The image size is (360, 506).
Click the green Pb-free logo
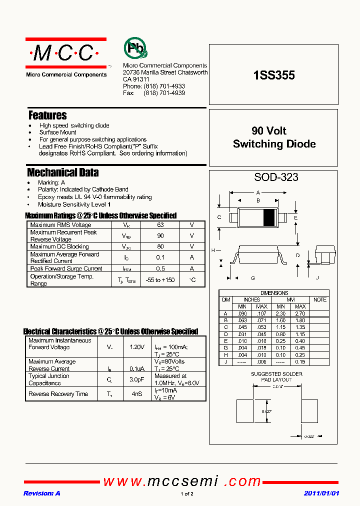click(x=135, y=48)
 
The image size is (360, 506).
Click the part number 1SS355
click(x=274, y=75)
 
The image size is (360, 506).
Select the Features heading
click(x=47, y=115)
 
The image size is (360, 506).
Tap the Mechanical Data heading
click(x=62, y=173)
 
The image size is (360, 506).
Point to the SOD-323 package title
click(x=276, y=177)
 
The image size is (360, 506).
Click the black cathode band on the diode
click(x=269, y=217)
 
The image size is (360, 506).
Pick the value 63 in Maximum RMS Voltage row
click(x=160, y=225)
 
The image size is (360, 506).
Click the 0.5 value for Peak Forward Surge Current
click(x=160, y=268)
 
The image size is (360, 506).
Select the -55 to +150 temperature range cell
click(x=160, y=280)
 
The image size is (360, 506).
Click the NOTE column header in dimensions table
click(x=319, y=299)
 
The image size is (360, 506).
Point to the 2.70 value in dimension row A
click(x=300, y=313)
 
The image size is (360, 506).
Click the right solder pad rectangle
click(x=309, y=411)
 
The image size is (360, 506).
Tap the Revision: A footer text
click(x=41, y=493)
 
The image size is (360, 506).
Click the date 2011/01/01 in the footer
click(x=321, y=493)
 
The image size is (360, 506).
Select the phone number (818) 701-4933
click(x=164, y=86)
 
